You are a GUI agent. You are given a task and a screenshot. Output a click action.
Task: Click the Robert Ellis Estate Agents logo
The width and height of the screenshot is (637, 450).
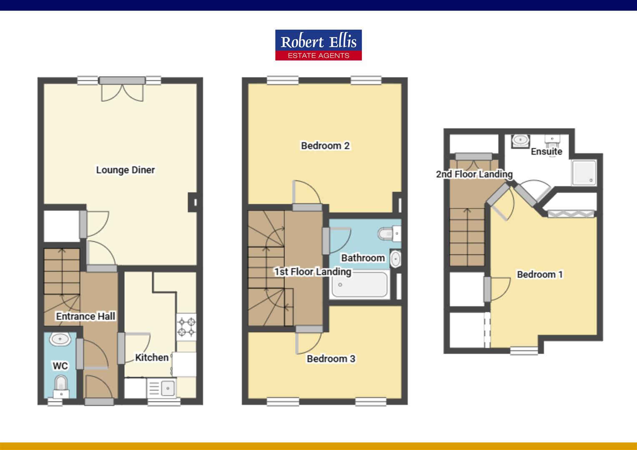[x=318, y=45]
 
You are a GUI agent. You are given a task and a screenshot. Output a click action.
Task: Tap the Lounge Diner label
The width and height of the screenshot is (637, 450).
[x=125, y=170]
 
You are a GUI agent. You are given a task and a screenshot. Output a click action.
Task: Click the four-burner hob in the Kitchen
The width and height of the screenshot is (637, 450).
[x=186, y=327]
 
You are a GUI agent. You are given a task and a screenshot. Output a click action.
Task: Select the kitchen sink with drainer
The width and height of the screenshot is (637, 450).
[x=161, y=388]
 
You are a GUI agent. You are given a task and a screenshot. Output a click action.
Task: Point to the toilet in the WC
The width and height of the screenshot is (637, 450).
[x=61, y=387]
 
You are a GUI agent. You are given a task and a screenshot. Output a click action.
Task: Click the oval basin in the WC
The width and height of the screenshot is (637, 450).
[x=60, y=339]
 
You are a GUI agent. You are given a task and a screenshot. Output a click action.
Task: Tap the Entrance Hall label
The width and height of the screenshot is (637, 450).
[x=85, y=316]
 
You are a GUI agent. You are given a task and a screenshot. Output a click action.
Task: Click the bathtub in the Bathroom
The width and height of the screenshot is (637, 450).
[x=359, y=284]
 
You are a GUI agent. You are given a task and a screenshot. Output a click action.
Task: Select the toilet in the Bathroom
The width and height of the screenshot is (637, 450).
[x=389, y=234]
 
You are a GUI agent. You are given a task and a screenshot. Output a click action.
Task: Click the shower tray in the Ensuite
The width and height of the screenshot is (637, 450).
[x=584, y=172]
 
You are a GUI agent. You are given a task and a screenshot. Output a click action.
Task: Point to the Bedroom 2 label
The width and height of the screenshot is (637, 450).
[x=325, y=146]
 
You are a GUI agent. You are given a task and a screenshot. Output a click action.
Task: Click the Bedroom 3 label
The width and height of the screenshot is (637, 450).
[x=331, y=359]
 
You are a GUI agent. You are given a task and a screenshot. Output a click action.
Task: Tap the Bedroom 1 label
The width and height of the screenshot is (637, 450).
[x=540, y=274]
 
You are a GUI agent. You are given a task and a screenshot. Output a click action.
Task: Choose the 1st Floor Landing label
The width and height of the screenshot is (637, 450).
[x=313, y=272]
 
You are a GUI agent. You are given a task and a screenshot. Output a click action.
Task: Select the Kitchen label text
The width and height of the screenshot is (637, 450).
[x=152, y=357]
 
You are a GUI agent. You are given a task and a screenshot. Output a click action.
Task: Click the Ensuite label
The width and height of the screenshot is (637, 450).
[x=547, y=152]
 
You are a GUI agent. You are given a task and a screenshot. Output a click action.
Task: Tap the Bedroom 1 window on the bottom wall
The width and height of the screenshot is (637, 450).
[x=524, y=351]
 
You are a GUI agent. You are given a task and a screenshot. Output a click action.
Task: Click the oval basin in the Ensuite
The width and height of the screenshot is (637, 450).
[x=520, y=140]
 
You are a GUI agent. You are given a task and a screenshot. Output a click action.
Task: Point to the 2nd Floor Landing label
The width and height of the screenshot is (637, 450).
[x=474, y=174]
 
